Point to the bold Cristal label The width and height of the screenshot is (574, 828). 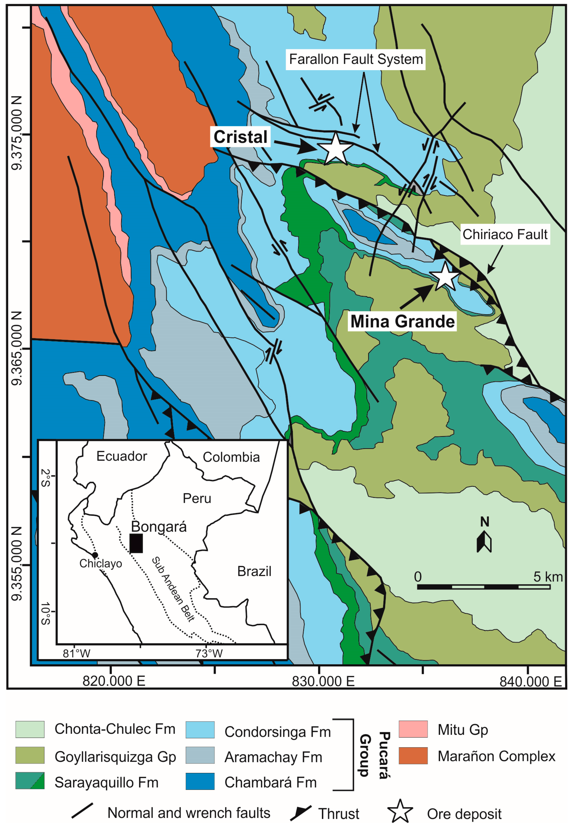(x=240, y=137)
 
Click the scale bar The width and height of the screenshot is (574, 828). (x=483, y=587)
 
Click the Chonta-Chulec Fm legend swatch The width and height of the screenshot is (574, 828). (x=30, y=729)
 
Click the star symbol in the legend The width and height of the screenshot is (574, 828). (x=400, y=812)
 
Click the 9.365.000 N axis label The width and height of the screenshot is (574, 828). (x=17, y=348)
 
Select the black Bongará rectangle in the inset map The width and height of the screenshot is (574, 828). (x=136, y=543)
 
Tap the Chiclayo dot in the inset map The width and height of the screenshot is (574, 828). (x=95, y=555)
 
